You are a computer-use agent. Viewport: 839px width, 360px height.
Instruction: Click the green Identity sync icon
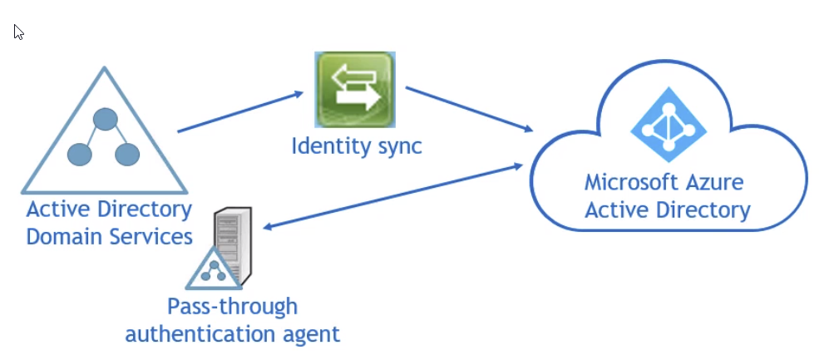tap(353, 90)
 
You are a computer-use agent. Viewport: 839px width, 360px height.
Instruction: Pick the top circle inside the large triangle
tap(104, 120)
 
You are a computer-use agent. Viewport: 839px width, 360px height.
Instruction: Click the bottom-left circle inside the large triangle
tap(79, 154)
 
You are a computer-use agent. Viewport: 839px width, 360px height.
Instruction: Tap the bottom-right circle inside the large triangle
tap(126, 154)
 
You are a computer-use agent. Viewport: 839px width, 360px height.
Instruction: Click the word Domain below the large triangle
tap(62, 236)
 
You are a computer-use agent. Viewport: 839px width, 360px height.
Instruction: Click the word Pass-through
tap(232, 306)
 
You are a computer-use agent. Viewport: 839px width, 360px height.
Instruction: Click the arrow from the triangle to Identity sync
tap(240, 111)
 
